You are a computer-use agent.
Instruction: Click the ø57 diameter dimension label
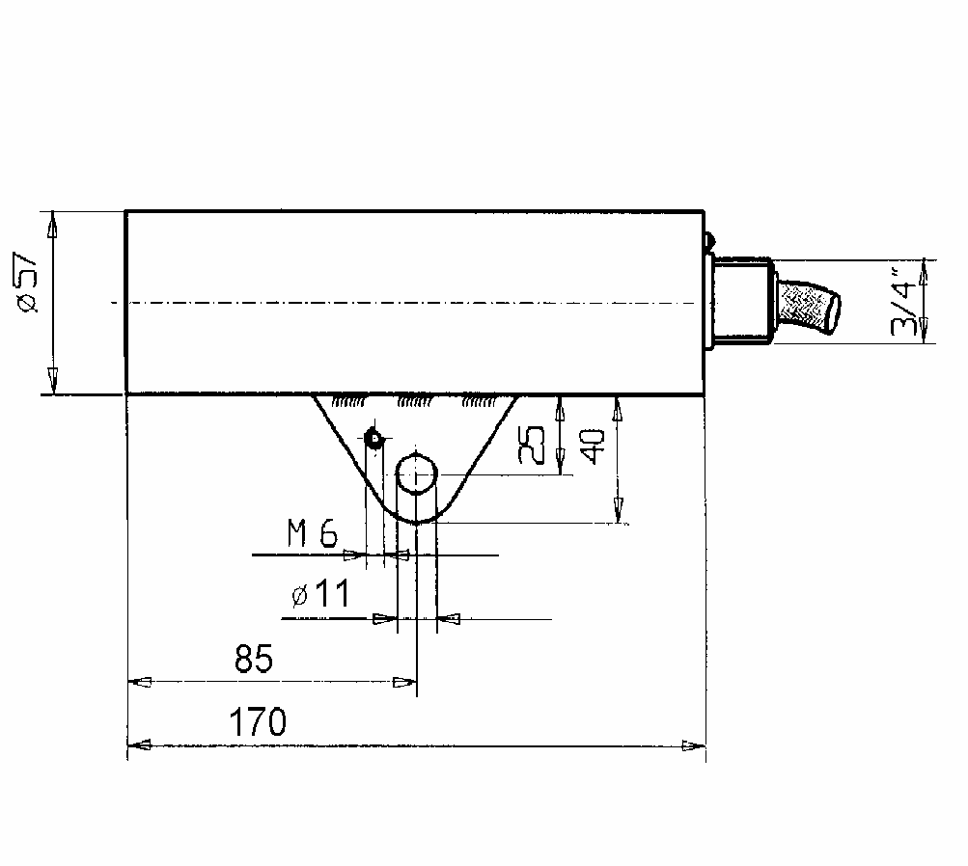click(28, 282)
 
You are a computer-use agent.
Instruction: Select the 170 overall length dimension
click(258, 721)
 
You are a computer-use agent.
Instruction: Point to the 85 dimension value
click(253, 658)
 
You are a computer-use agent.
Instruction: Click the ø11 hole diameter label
click(320, 593)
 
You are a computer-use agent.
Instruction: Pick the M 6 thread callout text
click(313, 533)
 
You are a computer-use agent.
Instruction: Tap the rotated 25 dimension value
click(532, 445)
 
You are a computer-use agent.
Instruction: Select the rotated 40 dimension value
click(593, 447)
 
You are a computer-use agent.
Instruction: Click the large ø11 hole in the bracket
click(417, 474)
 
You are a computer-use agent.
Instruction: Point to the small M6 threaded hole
click(373, 439)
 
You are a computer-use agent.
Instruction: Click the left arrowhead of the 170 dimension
click(139, 744)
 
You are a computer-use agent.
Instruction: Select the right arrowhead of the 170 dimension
click(693, 745)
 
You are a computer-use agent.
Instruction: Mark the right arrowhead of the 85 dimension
click(404, 682)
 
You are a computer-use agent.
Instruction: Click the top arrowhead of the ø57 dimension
click(52, 223)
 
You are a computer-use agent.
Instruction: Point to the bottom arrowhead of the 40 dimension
click(618, 511)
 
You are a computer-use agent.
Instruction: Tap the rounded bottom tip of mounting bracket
click(417, 522)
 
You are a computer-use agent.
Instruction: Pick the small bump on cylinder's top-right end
click(709, 239)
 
